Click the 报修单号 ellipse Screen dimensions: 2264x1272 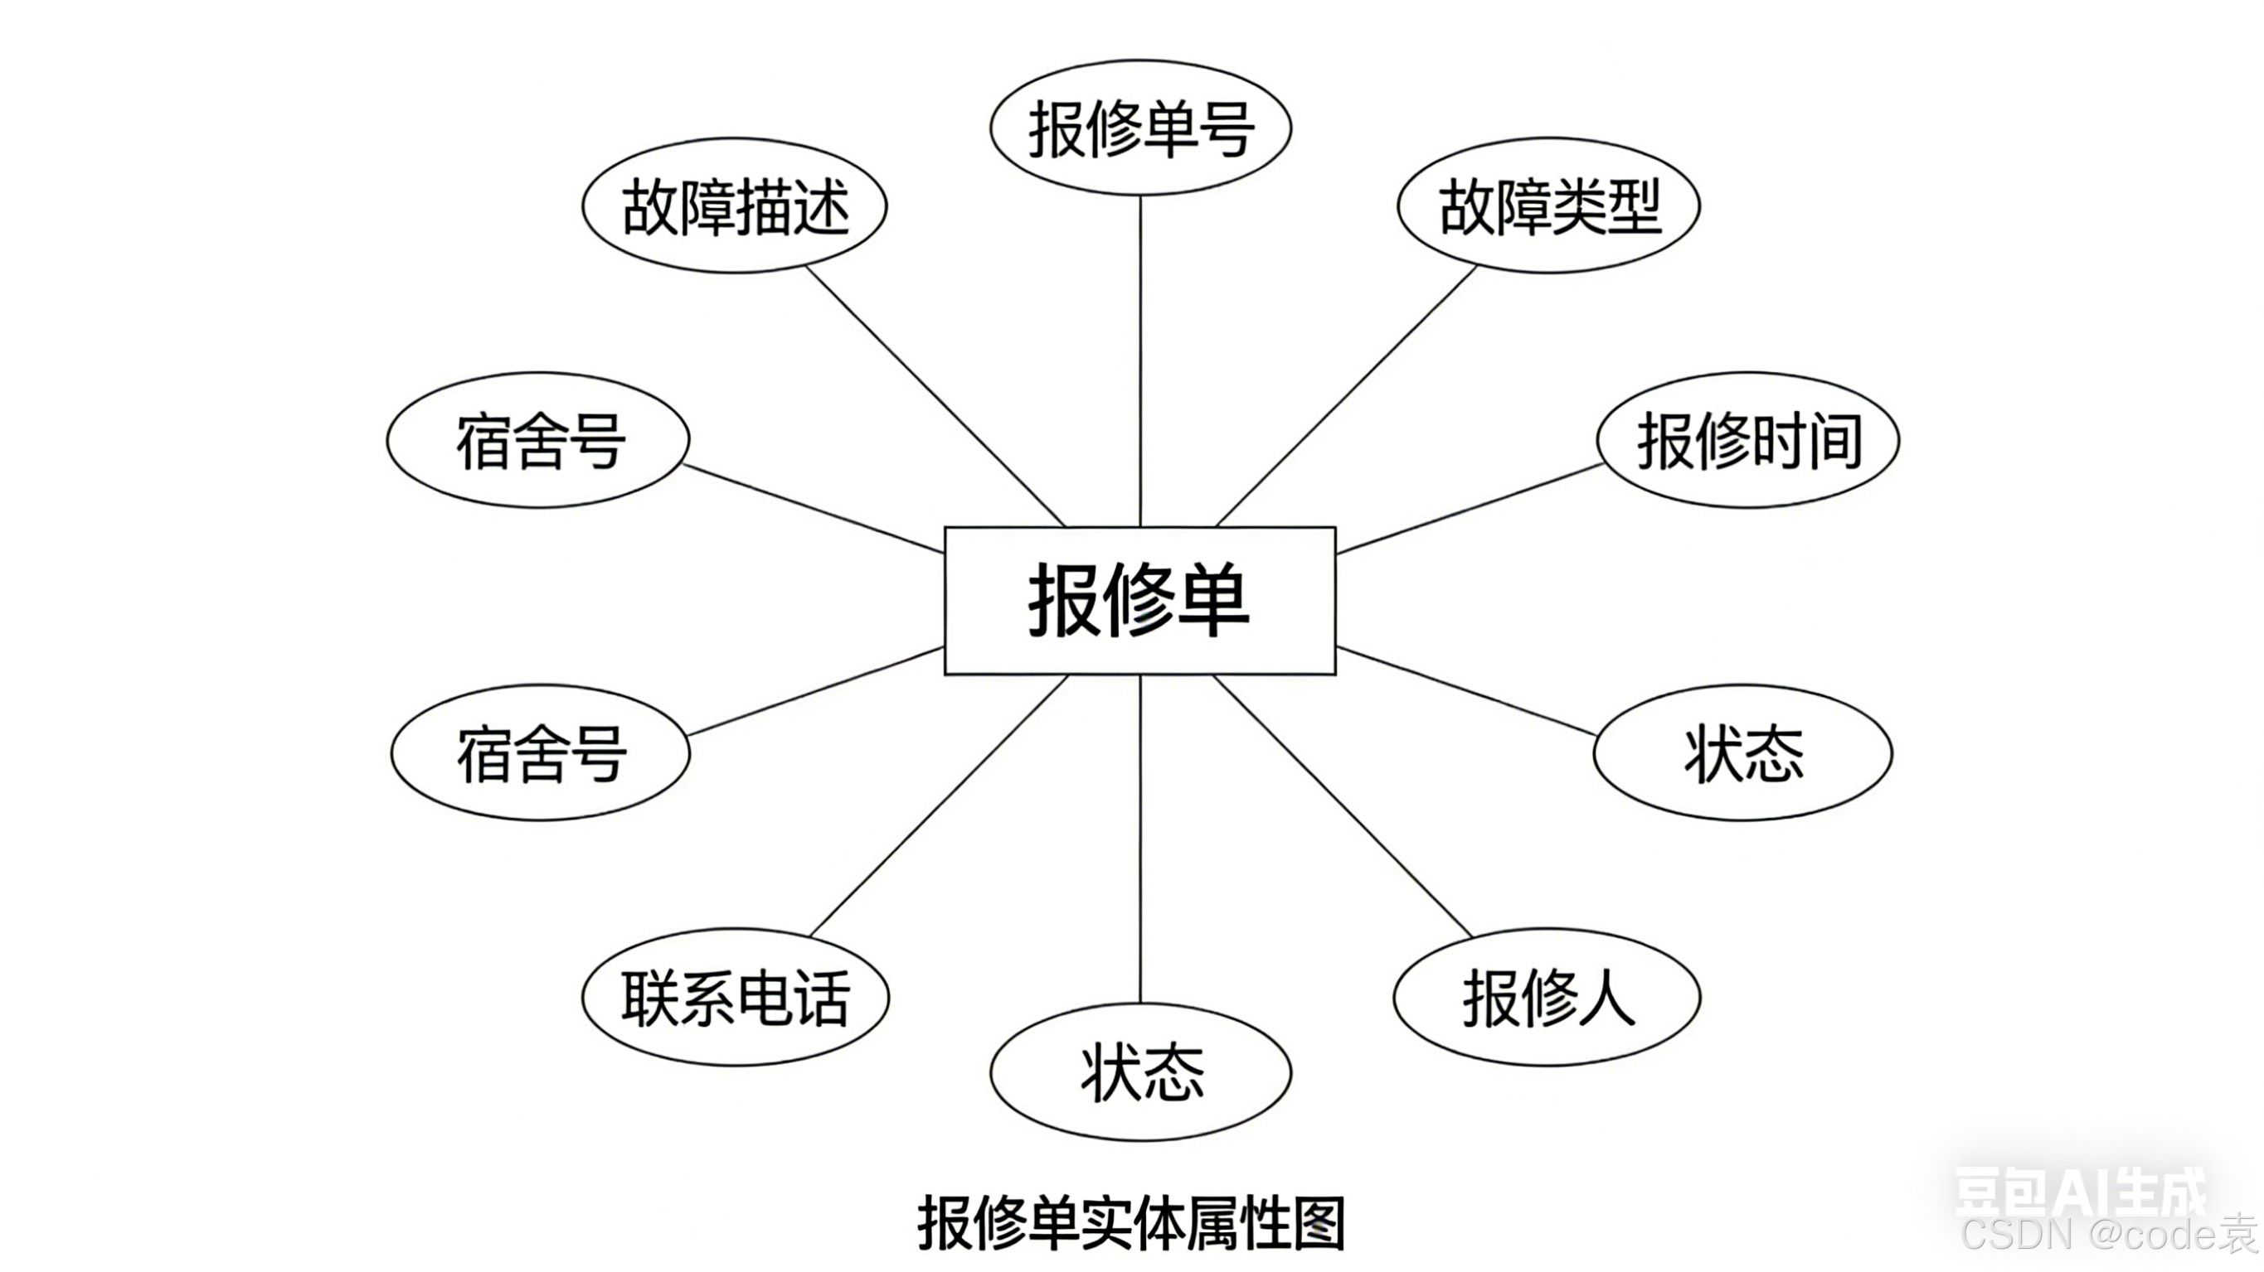click(1140, 128)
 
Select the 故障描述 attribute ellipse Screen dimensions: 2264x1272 click(735, 206)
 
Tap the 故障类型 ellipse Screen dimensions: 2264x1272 click(1548, 206)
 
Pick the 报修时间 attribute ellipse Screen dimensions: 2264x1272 click(1747, 440)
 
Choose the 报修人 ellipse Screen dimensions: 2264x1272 click(1547, 998)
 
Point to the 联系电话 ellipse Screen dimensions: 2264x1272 click(735, 998)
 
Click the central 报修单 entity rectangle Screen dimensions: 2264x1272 click(1140, 601)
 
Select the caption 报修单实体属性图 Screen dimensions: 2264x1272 click(1131, 1223)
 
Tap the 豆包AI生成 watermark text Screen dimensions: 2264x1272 click(2079, 1191)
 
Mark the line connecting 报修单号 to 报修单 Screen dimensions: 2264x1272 click(1140, 360)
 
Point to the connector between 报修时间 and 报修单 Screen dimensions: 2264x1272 click(1468, 510)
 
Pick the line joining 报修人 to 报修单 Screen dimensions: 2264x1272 click(1343, 806)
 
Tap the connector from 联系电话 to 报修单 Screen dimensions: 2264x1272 click(939, 806)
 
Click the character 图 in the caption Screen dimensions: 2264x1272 click(1319, 1223)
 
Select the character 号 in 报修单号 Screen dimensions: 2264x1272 click(1226, 129)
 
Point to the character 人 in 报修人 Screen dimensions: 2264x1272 click(1606, 999)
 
